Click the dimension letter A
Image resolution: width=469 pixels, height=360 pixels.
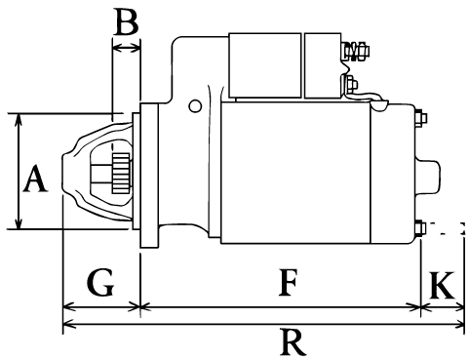[x=35, y=179]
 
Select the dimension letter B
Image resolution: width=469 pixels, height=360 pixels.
[x=127, y=21]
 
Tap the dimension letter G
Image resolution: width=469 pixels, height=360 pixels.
[x=100, y=282]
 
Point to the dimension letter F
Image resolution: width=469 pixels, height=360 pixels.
[x=288, y=282]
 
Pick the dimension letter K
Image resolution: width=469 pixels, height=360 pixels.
[x=442, y=285]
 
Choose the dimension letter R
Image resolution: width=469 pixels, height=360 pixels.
[x=293, y=342]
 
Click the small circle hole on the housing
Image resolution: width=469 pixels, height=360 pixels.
[x=195, y=106]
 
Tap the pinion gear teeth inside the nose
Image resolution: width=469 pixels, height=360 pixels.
[x=121, y=173]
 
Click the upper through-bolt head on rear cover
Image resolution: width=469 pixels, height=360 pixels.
[x=421, y=118]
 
